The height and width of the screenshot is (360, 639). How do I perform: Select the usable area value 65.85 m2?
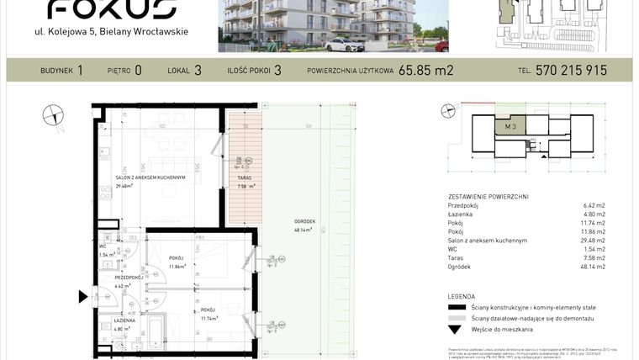click(425, 71)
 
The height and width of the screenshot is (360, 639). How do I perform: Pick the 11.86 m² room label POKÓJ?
click(177, 258)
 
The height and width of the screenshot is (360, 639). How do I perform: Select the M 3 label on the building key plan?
click(510, 127)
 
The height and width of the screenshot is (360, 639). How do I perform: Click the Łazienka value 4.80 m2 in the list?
click(594, 214)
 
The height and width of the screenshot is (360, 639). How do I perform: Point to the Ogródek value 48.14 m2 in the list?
click(594, 267)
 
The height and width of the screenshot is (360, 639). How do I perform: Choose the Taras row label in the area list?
click(457, 258)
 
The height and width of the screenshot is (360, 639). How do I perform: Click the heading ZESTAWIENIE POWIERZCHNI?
click(488, 196)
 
